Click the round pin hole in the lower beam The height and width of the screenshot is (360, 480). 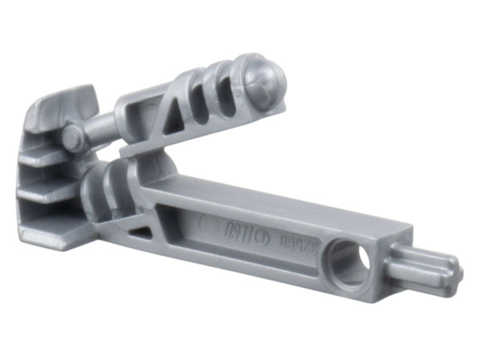pyautogui.click(x=353, y=262)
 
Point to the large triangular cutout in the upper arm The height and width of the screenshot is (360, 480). pyautogui.click(x=178, y=110)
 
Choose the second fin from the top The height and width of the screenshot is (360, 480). pyautogui.click(x=48, y=157)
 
